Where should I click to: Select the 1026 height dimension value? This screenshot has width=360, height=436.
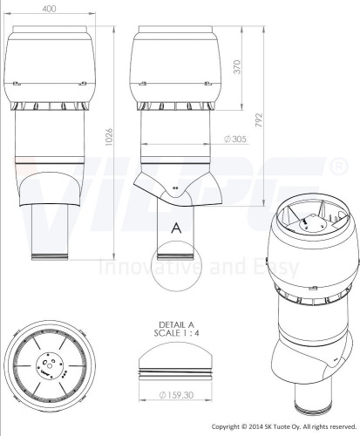(x=108, y=138)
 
